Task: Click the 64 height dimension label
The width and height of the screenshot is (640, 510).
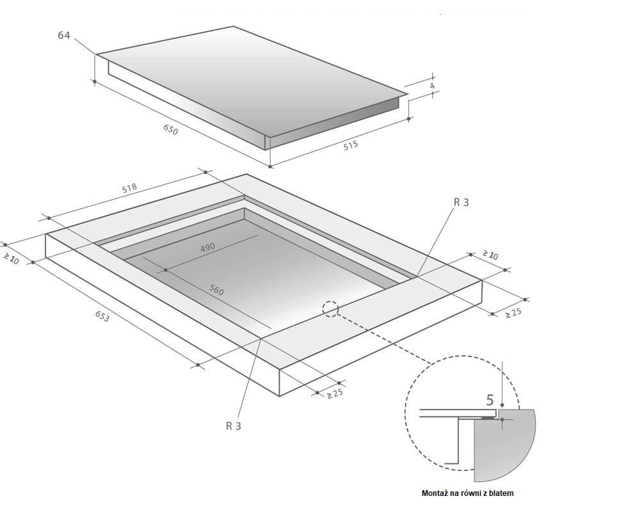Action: coord(63,35)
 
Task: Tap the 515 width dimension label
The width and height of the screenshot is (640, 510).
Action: coord(351,145)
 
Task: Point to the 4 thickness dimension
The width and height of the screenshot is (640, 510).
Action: coord(432,86)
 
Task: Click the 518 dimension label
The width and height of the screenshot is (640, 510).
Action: coord(129,188)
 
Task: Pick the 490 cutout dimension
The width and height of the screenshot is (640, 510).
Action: coord(207,248)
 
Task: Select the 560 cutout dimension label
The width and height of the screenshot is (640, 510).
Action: coord(216,290)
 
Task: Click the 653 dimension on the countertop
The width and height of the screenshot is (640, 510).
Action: coord(102,316)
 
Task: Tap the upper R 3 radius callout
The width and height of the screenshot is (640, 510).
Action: coord(461,202)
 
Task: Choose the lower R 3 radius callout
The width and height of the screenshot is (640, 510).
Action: coord(234,426)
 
